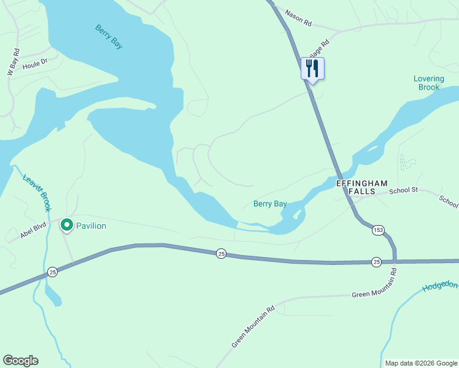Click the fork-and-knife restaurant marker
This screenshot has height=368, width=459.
(x=312, y=69)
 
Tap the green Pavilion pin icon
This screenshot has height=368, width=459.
(x=66, y=226)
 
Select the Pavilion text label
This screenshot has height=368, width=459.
(x=91, y=226)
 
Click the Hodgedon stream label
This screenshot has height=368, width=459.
(x=440, y=286)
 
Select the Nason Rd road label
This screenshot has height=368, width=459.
(x=299, y=20)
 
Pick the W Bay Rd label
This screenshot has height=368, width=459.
(x=13, y=62)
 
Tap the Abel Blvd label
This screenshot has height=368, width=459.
(x=34, y=229)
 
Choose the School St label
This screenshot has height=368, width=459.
(x=403, y=191)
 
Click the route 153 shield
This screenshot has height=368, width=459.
(x=378, y=230)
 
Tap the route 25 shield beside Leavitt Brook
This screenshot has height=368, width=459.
(x=53, y=272)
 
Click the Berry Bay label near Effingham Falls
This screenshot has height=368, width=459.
(x=270, y=204)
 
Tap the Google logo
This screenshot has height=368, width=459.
(x=20, y=361)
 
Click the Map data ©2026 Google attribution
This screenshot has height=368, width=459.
(x=420, y=363)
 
